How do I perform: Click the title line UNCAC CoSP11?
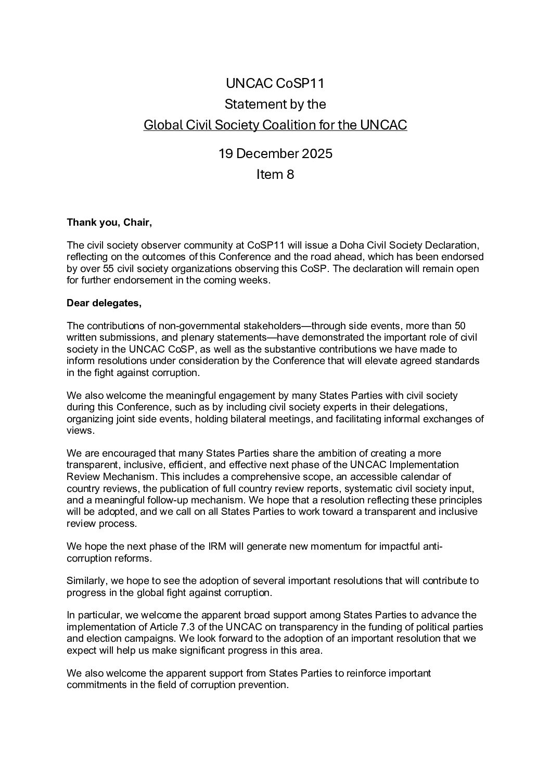275,83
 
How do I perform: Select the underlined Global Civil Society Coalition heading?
275,125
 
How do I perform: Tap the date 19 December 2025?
275,154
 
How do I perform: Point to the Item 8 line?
275,175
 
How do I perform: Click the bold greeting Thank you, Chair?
109,223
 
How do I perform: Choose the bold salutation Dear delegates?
104,304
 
